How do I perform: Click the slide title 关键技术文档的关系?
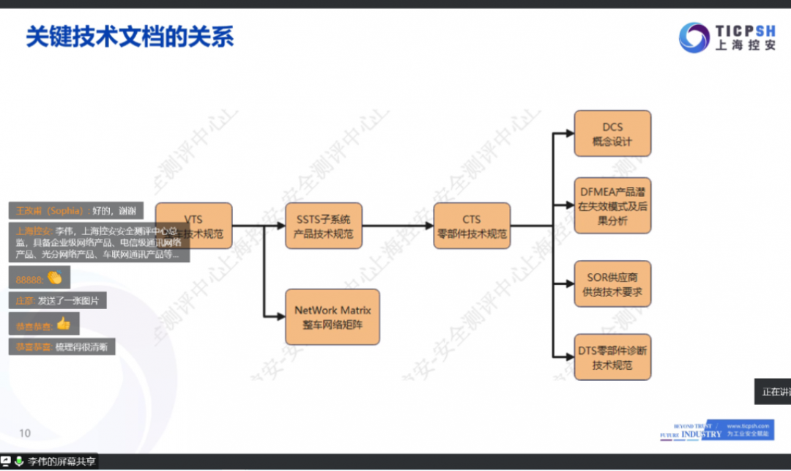click(130, 37)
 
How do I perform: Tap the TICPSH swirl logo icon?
click(693, 37)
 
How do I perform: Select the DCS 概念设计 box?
click(612, 133)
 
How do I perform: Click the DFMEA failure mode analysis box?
click(612, 206)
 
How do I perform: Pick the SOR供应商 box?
click(612, 284)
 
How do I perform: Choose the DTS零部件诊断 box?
click(612, 357)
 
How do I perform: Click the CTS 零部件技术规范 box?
click(472, 226)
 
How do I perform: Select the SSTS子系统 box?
click(323, 226)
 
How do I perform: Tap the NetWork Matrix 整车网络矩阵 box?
click(333, 316)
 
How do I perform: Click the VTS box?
click(194, 226)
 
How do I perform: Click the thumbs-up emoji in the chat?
click(63, 323)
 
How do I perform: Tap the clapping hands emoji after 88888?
click(54, 278)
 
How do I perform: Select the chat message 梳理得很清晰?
click(85, 347)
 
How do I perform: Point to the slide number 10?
click(25, 433)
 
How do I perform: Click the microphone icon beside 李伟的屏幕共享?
click(18, 461)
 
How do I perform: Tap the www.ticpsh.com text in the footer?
click(747, 426)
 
